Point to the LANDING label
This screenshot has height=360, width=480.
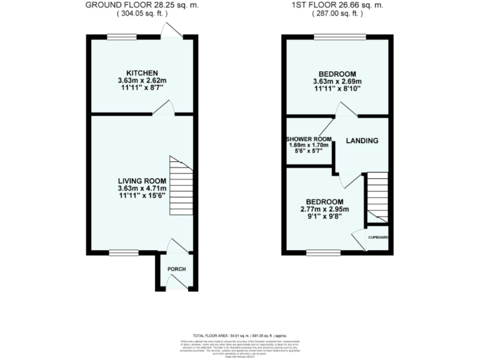(x=362, y=141)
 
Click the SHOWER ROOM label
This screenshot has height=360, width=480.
(x=308, y=138)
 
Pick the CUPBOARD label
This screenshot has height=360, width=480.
(x=378, y=237)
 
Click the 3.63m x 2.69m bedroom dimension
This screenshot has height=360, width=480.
(x=337, y=82)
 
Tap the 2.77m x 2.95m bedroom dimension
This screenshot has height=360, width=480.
(x=324, y=209)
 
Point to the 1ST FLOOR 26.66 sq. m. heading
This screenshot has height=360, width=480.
(x=337, y=6)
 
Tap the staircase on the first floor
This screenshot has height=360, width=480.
(x=376, y=197)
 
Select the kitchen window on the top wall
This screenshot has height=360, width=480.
(x=121, y=36)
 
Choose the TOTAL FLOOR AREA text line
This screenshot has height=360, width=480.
(x=240, y=336)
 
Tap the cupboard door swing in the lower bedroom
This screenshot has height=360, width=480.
(x=359, y=240)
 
